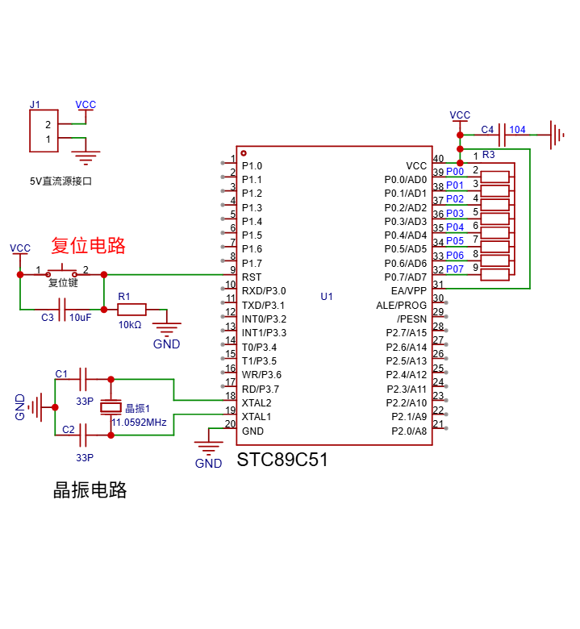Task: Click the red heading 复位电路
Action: tap(89, 245)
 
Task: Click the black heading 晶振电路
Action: tap(90, 489)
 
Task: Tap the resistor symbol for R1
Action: tap(131, 309)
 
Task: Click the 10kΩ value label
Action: tap(130, 324)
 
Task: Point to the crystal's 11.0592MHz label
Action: tap(139, 423)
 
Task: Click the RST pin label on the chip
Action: tap(251, 277)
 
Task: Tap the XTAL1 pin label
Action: tap(257, 417)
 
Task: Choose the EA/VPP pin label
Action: tap(408, 290)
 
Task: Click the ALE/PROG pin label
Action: tap(401, 306)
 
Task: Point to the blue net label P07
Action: tap(455, 269)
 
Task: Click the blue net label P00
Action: tap(455, 172)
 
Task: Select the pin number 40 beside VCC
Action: tap(438, 159)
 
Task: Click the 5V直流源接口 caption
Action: tap(61, 181)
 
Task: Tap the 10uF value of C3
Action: tap(80, 318)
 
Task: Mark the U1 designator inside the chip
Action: tap(327, 297)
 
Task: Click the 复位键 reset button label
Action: tap(62, 283)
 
